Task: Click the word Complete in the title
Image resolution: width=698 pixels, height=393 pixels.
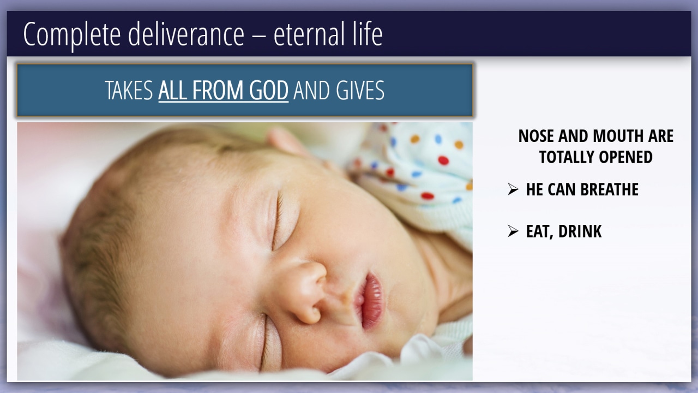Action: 72,34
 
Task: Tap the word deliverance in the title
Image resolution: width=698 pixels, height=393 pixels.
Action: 186,34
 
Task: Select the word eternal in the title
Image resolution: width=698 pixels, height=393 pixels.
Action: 309,34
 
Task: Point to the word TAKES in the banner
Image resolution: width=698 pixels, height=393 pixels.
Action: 129,91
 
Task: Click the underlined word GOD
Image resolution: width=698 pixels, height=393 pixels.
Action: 269,91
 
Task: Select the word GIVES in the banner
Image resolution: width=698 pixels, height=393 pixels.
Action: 360,91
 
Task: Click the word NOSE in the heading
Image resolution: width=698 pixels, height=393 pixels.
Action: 536,136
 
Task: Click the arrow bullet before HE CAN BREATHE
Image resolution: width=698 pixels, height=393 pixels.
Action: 513,189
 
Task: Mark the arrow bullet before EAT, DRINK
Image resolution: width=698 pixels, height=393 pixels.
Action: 513,231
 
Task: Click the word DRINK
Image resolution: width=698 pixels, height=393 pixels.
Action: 580,231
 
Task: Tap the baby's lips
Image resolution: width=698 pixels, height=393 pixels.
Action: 369,301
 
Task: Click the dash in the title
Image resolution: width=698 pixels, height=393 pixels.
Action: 259,35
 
